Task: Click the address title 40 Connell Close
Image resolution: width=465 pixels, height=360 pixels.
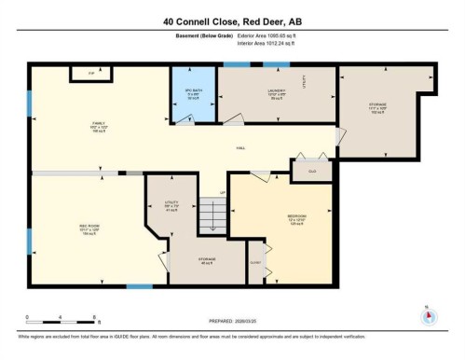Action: pos(232,21)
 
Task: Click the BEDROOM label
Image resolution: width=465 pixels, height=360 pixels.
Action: pos(298,219)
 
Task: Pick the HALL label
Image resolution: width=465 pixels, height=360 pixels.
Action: pos(239,147)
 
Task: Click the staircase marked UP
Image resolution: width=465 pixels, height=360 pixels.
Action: pos(214,216)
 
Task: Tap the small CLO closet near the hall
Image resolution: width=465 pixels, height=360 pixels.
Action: pos(310,171)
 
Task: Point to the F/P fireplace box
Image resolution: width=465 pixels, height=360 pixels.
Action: pos(91,73)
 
